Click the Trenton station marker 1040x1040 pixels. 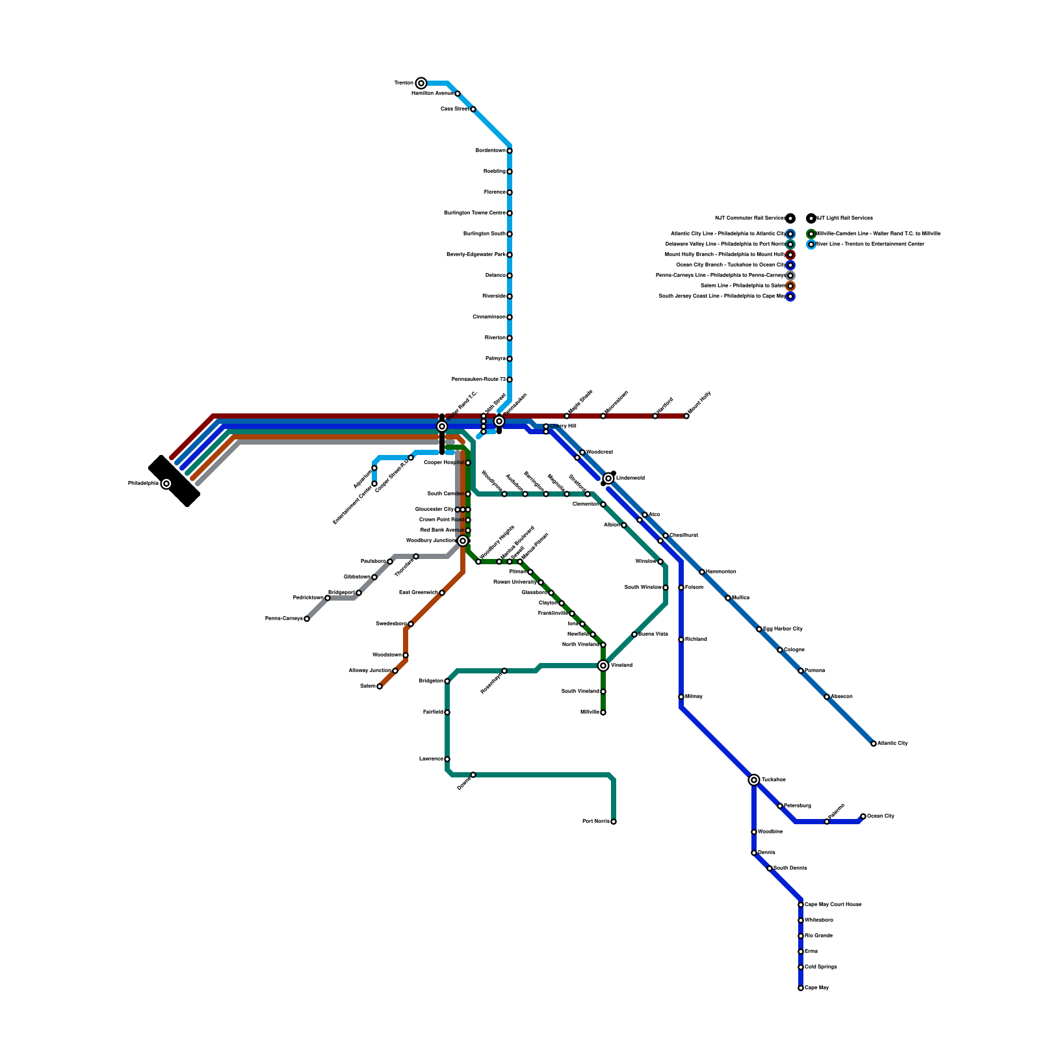(421, 83)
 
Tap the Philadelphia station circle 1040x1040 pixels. (166, 484)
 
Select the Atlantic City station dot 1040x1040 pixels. (874, 744)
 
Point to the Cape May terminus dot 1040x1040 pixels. (801, 988)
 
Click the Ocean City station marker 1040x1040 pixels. (863, 816)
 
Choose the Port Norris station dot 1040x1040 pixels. (614, 822)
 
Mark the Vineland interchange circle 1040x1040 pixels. (603, 666)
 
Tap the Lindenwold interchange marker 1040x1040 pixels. (608, 478)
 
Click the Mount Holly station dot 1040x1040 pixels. (686, 416)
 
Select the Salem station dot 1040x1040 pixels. (380, 686)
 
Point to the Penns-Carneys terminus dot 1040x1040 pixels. (307, 619)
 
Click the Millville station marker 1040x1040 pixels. (603, 712)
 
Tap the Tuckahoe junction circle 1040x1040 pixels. (754, 780)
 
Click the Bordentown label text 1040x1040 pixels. (491, 151)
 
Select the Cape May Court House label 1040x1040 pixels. (833, 905)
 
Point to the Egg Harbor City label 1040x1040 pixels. (783, 629)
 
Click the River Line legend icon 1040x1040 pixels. (811, 244)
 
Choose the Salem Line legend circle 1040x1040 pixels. (790, 286)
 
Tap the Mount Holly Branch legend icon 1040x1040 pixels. (790, 255)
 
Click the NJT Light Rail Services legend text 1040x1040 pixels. (844, 218)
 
